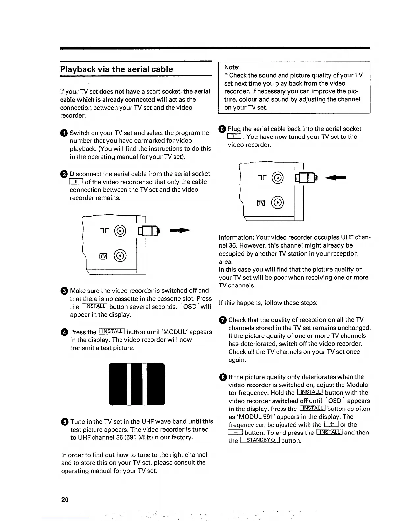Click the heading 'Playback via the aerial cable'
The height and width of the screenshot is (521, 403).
point(116,69)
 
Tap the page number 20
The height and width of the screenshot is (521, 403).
point(65,500)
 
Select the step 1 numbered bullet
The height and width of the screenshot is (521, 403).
point(64,133)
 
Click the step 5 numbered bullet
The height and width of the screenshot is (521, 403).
point(65,422)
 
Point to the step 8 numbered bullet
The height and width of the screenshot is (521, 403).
point(223,377)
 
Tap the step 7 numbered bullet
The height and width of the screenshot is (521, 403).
point(223,320)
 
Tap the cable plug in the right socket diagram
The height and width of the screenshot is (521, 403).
point(306,178)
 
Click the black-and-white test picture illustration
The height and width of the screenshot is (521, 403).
point(137,384)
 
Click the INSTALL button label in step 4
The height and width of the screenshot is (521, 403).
point(111,331)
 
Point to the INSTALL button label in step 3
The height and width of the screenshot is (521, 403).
point(94,306)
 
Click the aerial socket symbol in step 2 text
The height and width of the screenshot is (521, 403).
point(76,182)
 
